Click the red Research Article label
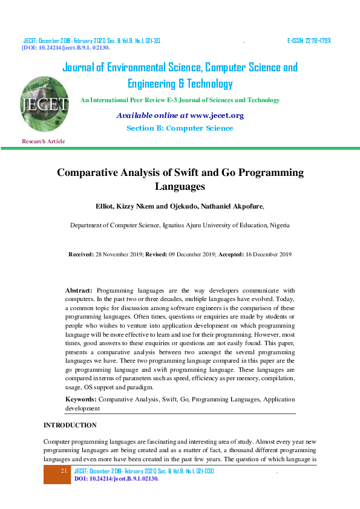(43, 141)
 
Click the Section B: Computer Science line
(180, 128)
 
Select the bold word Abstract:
(79, 291)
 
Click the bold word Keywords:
(80, 400)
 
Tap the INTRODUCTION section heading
(70, 426)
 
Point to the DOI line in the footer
(116, 479)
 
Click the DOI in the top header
(66, 47)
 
